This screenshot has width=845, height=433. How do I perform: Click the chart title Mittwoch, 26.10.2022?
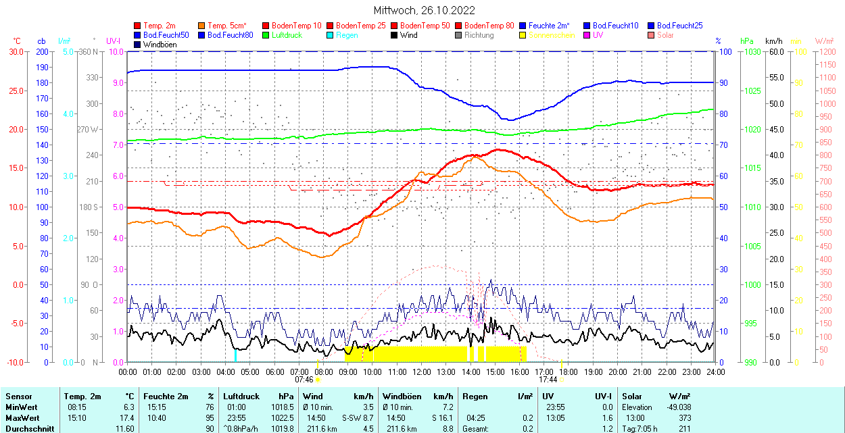[x=424, y=10]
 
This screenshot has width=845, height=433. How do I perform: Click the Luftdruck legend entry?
[x=287, y=35]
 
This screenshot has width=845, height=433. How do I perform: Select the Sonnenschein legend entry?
[x=552, y=35]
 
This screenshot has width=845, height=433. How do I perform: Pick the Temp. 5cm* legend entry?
[x=226, y=26]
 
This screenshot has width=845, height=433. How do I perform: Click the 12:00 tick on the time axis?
[x=422, y=372]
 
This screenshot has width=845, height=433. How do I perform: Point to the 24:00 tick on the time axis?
[x=716, y=372]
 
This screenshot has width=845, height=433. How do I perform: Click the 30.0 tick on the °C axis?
[x=14, y=51]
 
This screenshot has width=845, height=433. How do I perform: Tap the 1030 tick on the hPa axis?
[x=748, y=51]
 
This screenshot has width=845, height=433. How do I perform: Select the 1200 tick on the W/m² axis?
[x=827, y=51]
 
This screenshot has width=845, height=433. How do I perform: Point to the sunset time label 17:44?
[x=548, y=380]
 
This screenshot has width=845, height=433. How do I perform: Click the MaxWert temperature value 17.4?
[x=126, y=418]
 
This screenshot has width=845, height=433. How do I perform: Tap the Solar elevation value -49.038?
[x=678, y=407]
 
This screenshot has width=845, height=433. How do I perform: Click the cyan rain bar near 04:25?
[x=235, y=355]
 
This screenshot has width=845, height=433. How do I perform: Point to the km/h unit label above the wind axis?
[x=773, y=41]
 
